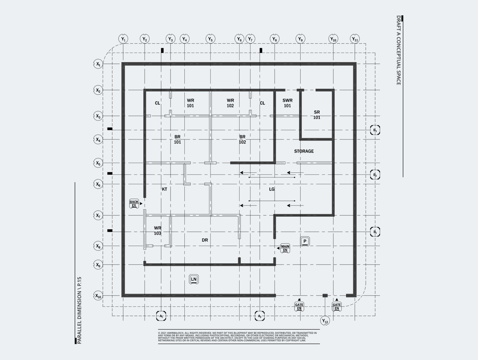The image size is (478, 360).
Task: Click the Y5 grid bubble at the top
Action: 210,39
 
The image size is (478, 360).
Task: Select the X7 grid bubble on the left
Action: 98,215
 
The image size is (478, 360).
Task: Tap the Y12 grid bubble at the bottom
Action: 325,321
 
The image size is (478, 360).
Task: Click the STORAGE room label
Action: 304,151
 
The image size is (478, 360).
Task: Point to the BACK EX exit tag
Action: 134,204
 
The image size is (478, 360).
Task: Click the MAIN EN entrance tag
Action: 285,248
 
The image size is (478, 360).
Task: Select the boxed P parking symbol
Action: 305,241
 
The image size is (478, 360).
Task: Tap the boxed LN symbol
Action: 194,279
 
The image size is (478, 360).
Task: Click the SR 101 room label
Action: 317,115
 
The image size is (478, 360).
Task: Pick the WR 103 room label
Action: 157,231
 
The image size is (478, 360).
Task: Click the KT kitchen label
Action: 164,189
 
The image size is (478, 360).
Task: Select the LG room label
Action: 272,189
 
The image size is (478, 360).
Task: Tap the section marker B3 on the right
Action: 375,130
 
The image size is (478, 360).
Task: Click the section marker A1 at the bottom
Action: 161,316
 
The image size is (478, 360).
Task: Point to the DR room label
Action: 205,240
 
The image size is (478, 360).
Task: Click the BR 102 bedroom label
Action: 242,139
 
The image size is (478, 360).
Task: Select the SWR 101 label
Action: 287,103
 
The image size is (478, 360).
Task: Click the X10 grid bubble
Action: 98,296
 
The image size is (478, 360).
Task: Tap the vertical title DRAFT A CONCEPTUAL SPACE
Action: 398,50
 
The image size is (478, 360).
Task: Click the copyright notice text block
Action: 239,337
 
